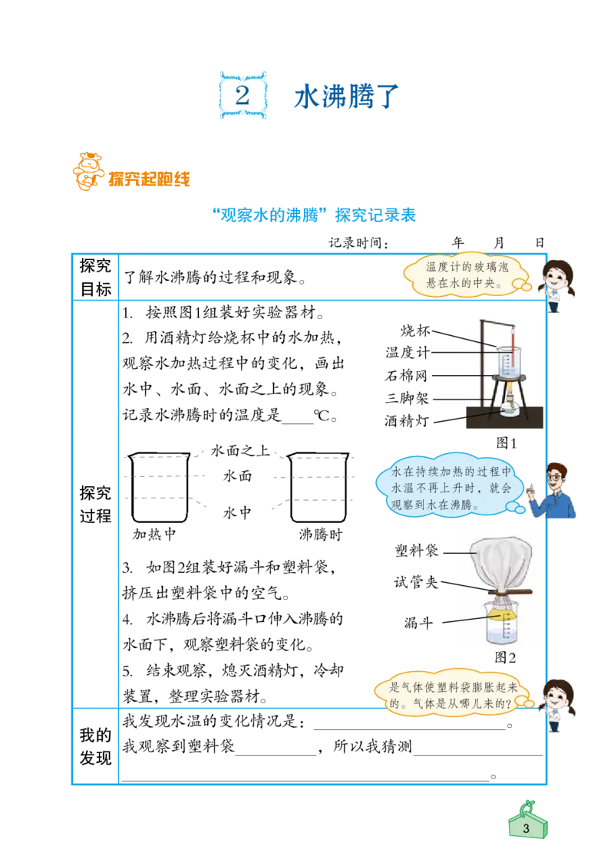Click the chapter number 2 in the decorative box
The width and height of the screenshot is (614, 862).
click(x=243, y=96)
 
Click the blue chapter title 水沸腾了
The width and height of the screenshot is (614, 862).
click(x=345, y=97)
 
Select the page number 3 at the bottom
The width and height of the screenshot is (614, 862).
click(x=526, y=829)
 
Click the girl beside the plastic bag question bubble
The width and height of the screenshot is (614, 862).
click(x=558, y=701)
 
